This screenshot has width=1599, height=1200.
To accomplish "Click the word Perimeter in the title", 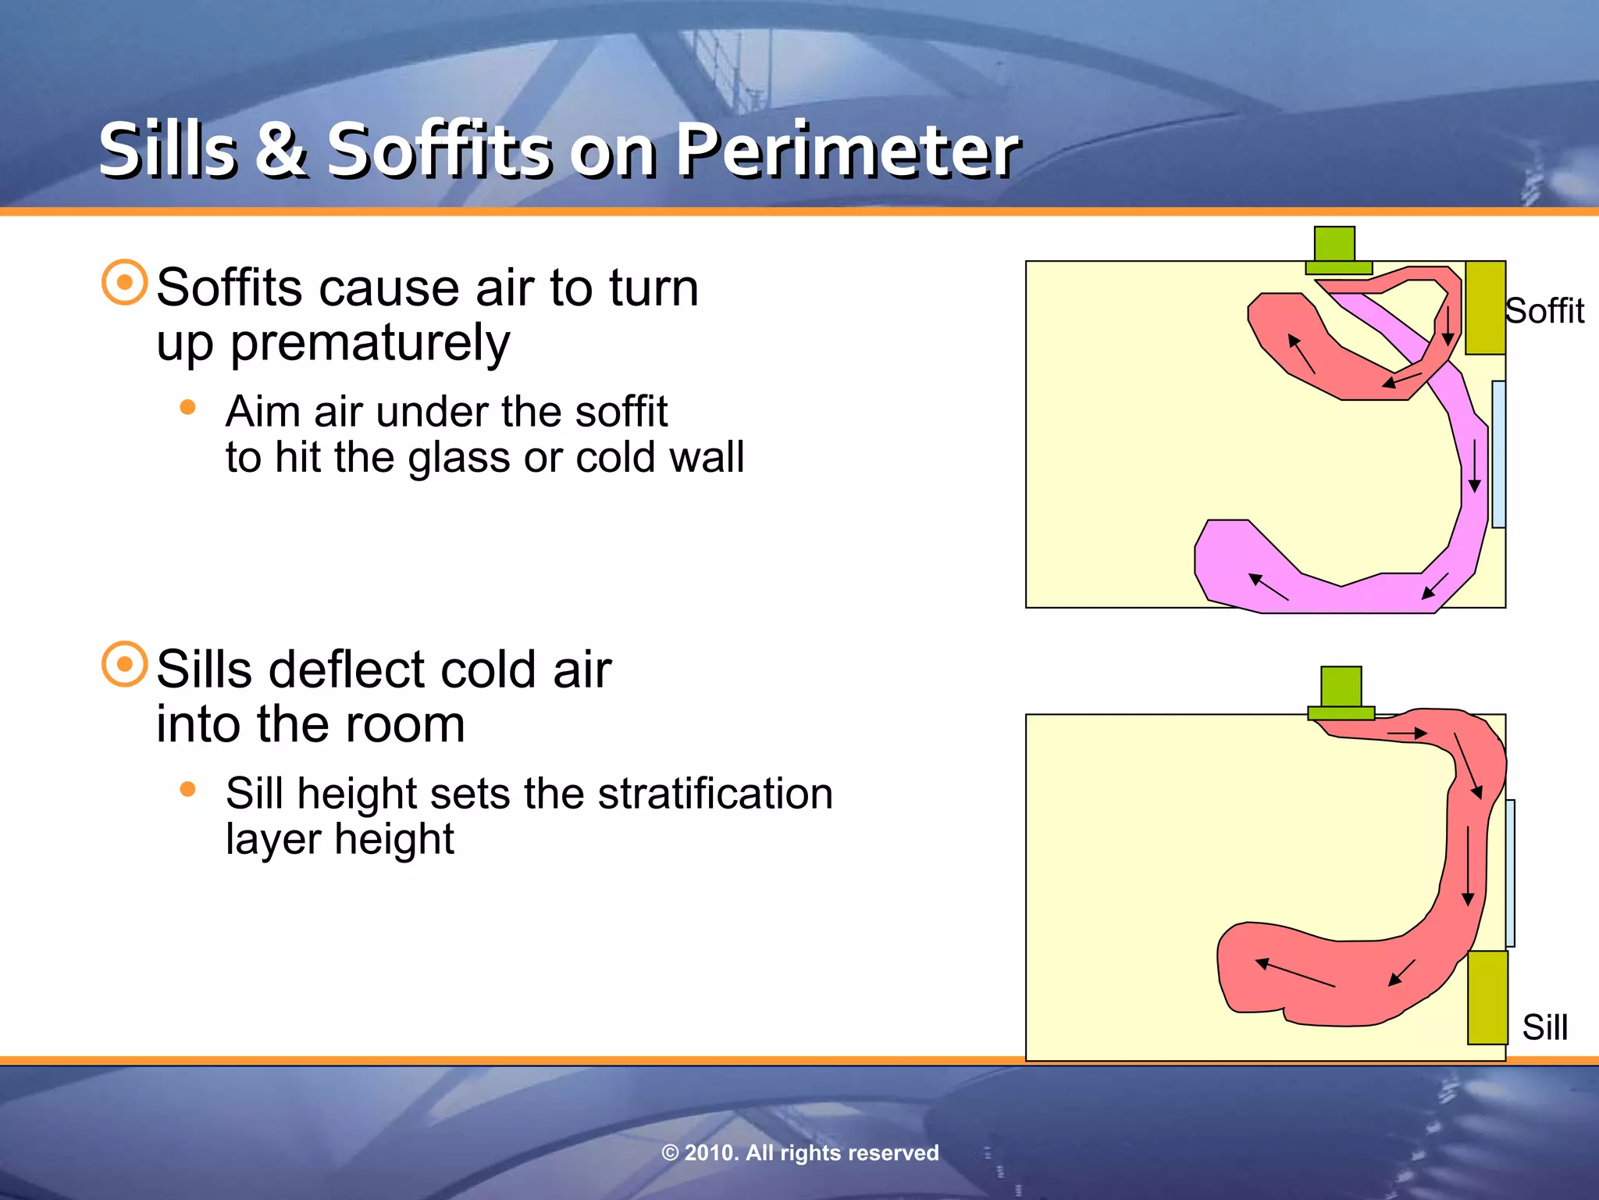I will coord(847,150).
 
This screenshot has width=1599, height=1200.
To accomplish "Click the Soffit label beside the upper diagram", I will coord(1544,311).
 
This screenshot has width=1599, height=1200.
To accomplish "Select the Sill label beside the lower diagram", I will coord(1544,1027).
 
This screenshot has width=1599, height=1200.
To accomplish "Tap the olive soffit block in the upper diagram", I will coord(1485,308).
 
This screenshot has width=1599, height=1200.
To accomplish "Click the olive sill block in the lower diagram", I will coord(1487,998).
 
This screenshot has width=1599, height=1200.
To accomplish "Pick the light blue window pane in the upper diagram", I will coord(1498,454).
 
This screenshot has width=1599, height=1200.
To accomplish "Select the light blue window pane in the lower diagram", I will coord(1511,873).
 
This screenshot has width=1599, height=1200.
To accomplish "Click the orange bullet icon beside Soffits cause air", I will coord(124,282).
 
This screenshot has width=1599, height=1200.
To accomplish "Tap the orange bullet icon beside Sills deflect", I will coord(124,665).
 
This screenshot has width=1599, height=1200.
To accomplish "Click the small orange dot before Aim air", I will coord(187,407).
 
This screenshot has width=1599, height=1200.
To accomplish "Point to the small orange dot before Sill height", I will coord(187,789).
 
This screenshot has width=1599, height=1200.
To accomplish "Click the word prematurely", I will coord(370,344).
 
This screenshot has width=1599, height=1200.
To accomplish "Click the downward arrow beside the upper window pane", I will coord(1474,466).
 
